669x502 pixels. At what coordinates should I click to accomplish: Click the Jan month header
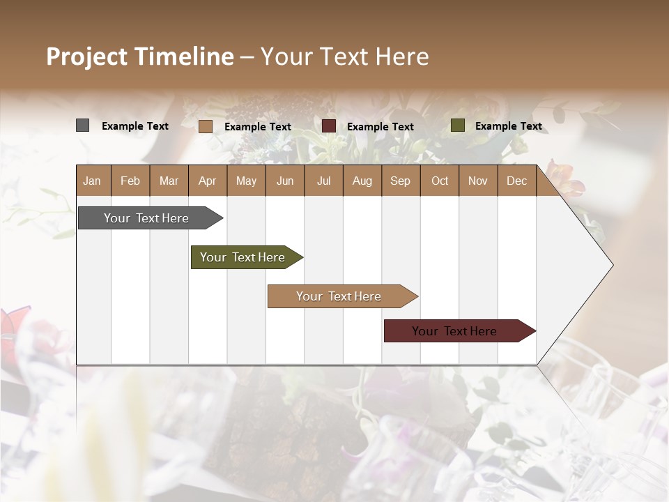tap(92, 181)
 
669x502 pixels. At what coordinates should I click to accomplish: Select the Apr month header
tap(207, 181)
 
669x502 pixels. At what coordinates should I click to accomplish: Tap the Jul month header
tap(323, 181)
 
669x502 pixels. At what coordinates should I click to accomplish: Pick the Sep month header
tap(400, 181)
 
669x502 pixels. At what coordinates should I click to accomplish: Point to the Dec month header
tap(516, 181)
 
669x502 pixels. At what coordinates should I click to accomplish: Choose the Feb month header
tap(130, 181)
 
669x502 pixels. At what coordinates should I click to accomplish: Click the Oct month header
tap(440, 181)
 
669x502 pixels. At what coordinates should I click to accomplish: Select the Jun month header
tap(285, 181)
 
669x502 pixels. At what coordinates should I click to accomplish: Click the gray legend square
tap(82, 125)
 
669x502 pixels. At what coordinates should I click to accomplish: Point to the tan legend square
tap(205, 126)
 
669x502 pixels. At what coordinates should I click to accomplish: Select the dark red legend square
tap(329, 126)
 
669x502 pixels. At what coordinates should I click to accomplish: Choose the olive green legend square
tap(457, 125)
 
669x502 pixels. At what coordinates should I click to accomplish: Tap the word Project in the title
tap(86, 56)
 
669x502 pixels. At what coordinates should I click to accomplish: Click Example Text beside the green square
tap(508, 126)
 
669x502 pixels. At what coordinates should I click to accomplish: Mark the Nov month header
tap(477, 181)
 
